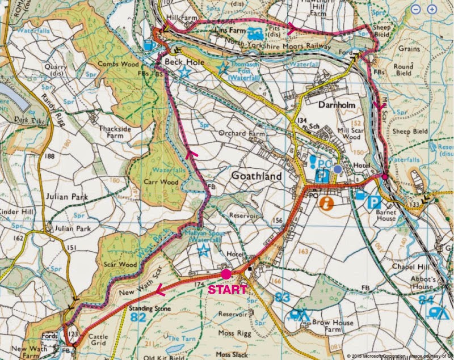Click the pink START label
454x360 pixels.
[228, 290]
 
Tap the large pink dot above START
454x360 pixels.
[226, 274]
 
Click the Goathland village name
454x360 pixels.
[256, 177]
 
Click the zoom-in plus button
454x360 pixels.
[432, 10]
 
